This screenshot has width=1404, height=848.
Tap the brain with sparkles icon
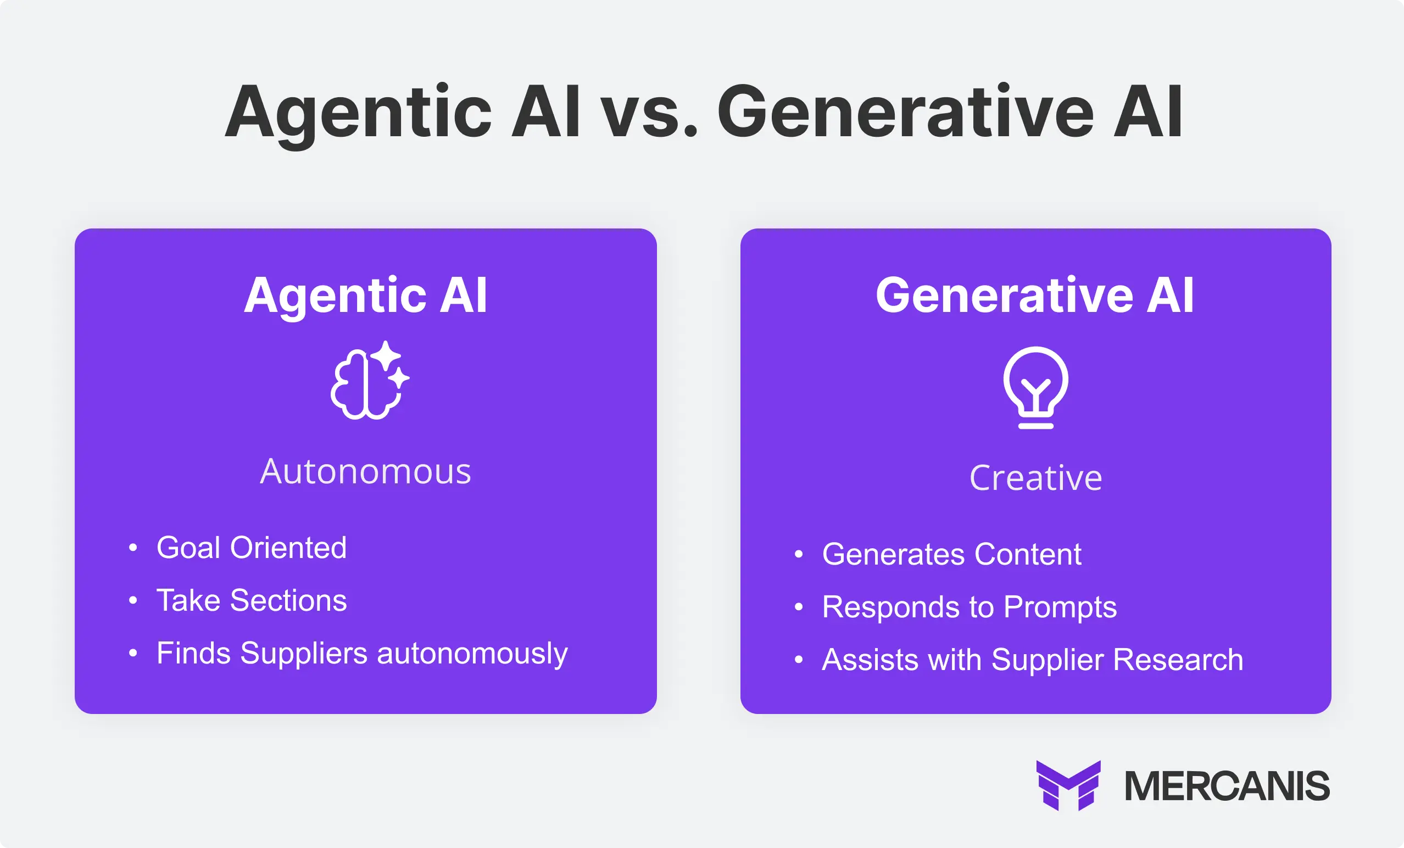pyautogui.click(x=369, y=381)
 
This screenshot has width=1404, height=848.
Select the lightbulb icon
pyautogui.click(x=1035, y=388)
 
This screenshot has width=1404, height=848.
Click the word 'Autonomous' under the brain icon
pyautogui.click(x=365, y=472)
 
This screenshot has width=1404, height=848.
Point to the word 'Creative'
pyautogui.click(x=1035, y=478)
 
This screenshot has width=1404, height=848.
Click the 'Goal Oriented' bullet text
pyautogui.click(x=251, y=548)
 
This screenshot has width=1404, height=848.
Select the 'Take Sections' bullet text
pyautogui.click(x=251, y=600)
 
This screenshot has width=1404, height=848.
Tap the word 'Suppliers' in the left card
pyautogui.click(x=304, y=653)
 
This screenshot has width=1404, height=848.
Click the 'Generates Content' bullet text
pyautogui.click(x=951, y=554)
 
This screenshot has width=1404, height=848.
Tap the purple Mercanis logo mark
pyautogui.click(x=1068, y=785)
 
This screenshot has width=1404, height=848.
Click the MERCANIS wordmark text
pyautogui.click(x=1226, y=786)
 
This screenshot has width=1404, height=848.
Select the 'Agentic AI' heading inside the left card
pyautogui.click(x=365, y=295)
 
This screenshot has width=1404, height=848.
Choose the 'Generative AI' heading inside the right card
pyautogui.click(x=1034, y=295)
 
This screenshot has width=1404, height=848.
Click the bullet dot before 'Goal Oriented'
pyautogui.click(x=133, y=548)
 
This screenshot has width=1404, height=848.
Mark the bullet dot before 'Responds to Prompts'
pyautogui.click(x=798, y=607)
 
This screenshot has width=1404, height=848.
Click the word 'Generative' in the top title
pyautogui.click(x=905, y=113)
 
